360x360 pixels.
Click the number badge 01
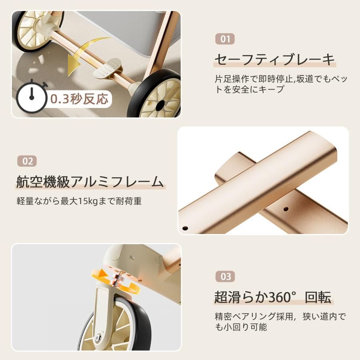coord(226,39)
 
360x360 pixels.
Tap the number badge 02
coord(27,161)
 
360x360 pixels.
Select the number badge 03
coord(226,276)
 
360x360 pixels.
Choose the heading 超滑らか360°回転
coord(273,297)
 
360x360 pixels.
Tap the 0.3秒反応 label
coord(79,99)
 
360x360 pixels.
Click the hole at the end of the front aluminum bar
coord(185,228)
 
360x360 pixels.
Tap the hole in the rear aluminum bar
coord(285,209)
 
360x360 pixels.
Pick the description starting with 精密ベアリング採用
coord(280,322)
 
